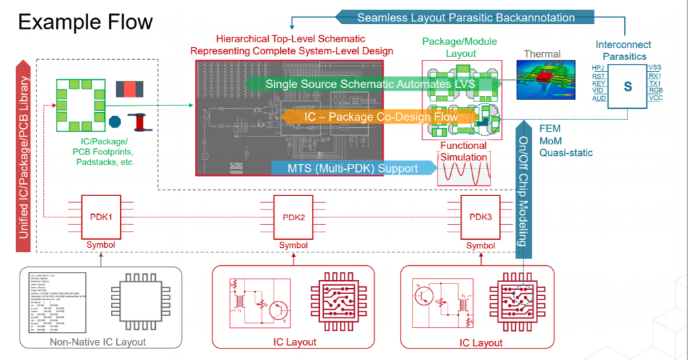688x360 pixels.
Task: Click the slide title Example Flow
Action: click(x=85, y=22)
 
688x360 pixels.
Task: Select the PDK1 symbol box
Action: click(x=101, y=216)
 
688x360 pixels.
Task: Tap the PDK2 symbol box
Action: click(x=293, y=216)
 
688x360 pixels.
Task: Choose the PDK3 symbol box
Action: click(x=480, y=216)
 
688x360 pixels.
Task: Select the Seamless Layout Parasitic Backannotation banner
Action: click(x=465, y=17)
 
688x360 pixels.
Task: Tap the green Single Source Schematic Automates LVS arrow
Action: click(x=370, y=84)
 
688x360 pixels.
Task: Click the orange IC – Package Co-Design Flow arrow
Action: click(x=380, y=118)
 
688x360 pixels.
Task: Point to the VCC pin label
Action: click(x=656, y=99)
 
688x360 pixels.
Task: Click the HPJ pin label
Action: click(x=598, y=69)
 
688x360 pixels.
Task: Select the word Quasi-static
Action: click(x=566, y=152)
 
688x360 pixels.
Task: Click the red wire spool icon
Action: click(x=141, y=122)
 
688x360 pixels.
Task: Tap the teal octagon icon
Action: click(x=115, y=123)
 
